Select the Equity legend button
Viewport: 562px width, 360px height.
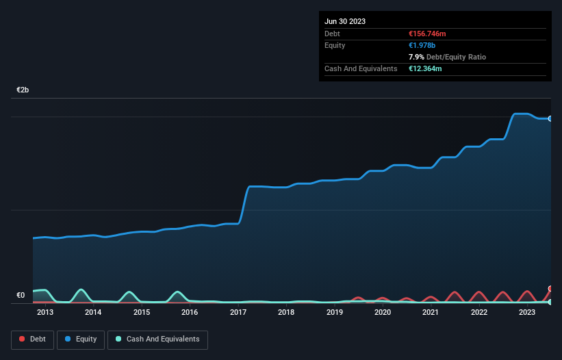point(81,339)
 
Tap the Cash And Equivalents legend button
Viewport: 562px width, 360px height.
point(157,339)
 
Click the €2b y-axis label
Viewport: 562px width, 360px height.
point(23,90)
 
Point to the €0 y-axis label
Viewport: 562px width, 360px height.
point(21,296)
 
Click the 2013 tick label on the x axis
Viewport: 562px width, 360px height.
point(45,313)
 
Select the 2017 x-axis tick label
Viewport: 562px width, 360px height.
point(238,313)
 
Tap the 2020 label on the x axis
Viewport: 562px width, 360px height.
point(383,313)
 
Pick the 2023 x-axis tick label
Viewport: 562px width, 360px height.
point(527,313)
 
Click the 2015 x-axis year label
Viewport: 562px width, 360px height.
point(142,313)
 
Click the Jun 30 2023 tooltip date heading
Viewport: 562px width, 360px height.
point(345,21)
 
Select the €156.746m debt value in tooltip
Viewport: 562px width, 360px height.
point(427,34)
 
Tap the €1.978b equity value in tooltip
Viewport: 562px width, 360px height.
point(422,45)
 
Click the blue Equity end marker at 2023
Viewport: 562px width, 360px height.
point(550,118)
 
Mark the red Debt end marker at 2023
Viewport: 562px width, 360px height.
point(550,289)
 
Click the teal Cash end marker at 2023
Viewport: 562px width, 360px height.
point(550,302)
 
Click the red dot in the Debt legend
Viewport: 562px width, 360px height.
point(22,339)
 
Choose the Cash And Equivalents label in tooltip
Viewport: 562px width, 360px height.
point(361,68)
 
